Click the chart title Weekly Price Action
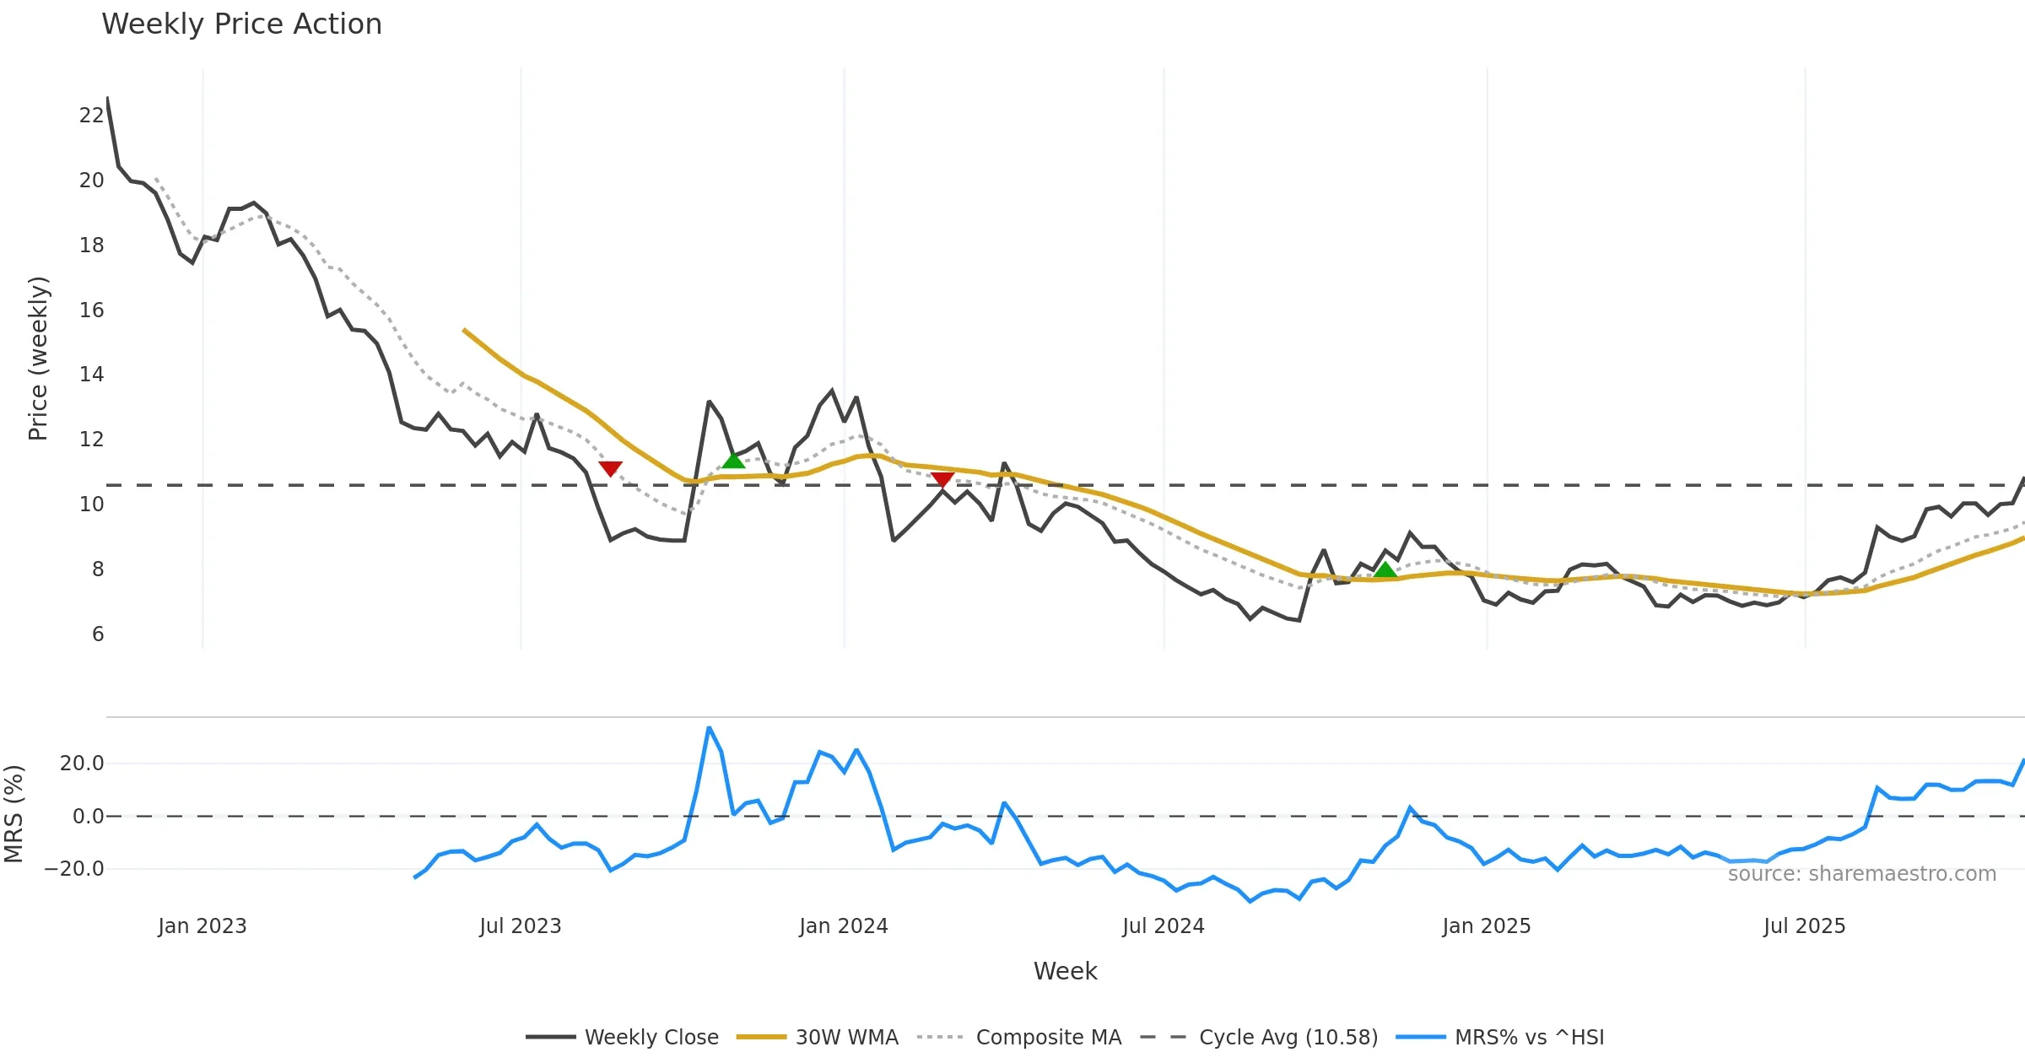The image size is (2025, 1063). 241,24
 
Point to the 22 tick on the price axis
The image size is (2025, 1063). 91,116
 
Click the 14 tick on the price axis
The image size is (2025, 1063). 91,375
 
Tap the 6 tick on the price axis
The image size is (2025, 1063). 98,634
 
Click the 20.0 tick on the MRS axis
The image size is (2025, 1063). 82,764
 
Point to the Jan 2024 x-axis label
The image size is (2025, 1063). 844,926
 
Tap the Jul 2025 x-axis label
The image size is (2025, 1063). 1804,926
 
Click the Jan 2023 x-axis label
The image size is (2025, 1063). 202,926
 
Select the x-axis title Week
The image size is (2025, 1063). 1065,972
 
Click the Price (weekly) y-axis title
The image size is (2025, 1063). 38,359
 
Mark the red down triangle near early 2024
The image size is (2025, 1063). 942,480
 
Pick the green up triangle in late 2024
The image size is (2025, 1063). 1385,570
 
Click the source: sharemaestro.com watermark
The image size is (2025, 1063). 1861,874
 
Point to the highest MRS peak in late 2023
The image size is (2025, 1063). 709,728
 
